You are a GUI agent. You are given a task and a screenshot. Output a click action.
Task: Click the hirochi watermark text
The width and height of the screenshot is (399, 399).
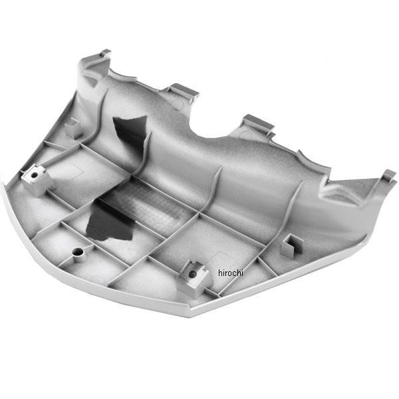point(231,273)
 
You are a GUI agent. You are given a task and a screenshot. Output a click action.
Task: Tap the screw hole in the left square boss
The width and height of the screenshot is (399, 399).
point(34,175)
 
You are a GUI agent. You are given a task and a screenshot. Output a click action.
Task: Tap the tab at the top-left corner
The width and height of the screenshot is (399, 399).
point(105,53)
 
